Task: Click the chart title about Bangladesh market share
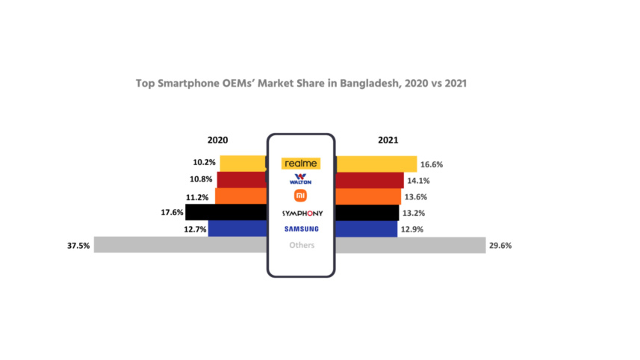[x=301, y=84]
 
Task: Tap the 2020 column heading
[x=218, y=140]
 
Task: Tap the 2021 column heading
[x=388, y=140]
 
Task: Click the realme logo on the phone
[x=300, y=163]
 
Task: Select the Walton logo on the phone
[x=300, y=179]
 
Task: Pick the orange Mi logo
[x=300, y=196]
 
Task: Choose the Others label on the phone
[x=302, y=245]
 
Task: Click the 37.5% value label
[x=78, y=245]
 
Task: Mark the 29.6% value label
[x=500, y=245]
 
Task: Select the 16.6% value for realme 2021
[x=432, y=163]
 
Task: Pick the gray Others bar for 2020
[x=179, y=245]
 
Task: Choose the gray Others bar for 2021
[x=410, y=245]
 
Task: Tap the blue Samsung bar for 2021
[x=366, y=229]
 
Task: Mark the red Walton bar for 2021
[x=369, y=180]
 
